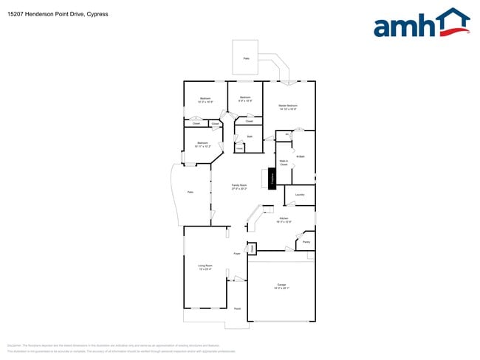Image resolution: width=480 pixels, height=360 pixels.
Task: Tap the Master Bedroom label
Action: point(287,107)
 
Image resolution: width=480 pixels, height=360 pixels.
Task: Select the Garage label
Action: point(281,286)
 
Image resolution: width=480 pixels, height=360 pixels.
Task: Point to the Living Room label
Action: point(205,267)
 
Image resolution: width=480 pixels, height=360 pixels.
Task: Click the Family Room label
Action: point(239,187)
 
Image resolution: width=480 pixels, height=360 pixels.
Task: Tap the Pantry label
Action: point(306,242)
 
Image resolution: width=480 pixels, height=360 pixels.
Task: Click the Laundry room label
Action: point(300,195)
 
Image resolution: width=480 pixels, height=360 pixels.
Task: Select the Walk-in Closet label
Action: point(284,163)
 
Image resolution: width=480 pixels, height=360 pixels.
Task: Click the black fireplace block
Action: point(272,178)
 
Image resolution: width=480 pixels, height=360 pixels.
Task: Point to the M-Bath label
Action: point(301,156)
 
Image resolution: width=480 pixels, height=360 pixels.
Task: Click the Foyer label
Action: point(237,254)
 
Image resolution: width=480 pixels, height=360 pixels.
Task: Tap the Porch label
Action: point(237,308)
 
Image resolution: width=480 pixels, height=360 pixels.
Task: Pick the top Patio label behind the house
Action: point(246,58)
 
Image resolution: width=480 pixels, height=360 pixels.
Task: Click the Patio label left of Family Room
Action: point(190,192)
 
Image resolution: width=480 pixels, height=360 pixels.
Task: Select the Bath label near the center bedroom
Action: point(250,136)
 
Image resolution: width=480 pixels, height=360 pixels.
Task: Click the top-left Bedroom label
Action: point(205,100)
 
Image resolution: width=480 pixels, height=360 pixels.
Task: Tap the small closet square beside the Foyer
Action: point(252,249)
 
